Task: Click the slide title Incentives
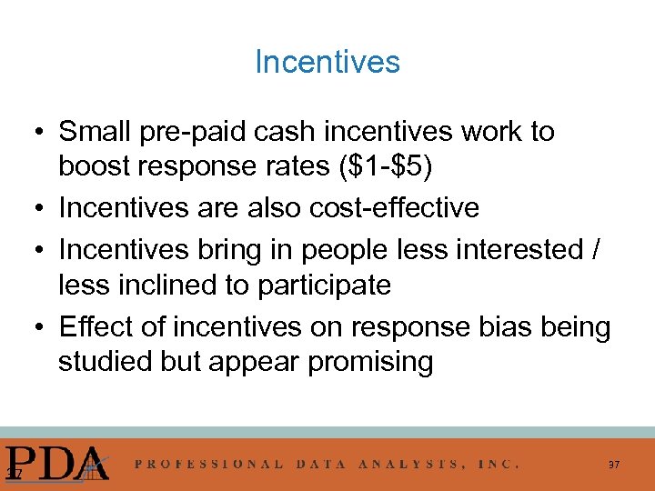pyautogui.click(x=327, y=62)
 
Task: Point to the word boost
pyautogui.click(x=96, y=168)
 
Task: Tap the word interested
pyautogui.click(x=514, y=248)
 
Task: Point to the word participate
pyautogui.click(x=326, y=285)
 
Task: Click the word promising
pyautogui.click(x=371, y=361)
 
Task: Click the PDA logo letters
pyautogui.click(x=57, y=463)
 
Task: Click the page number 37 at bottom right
pyautogui.click(x=614, y=465)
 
